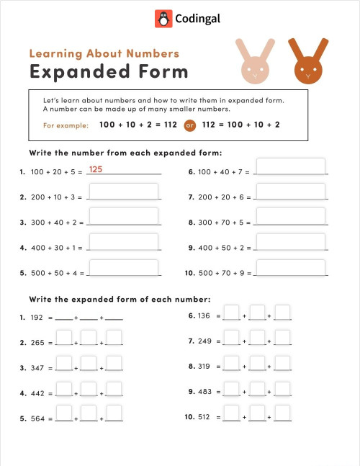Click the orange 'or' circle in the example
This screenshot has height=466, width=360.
190,125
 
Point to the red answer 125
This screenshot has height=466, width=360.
96,169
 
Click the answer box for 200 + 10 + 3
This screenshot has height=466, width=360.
123,192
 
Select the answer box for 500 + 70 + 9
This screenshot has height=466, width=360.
290,268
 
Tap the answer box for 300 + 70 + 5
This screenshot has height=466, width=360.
290,218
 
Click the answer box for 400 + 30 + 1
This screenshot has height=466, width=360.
123,243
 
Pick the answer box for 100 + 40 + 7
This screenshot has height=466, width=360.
290,167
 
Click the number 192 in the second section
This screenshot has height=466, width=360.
37,317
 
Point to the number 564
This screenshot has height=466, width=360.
37,418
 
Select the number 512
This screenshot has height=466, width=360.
204,417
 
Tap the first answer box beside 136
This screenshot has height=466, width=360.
231,313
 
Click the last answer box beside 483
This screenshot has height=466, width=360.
282,388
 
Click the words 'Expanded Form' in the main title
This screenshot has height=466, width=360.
109,71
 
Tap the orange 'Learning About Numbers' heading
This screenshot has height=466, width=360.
104,53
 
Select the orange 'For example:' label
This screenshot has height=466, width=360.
66,125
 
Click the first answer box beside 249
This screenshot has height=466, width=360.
231,338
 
